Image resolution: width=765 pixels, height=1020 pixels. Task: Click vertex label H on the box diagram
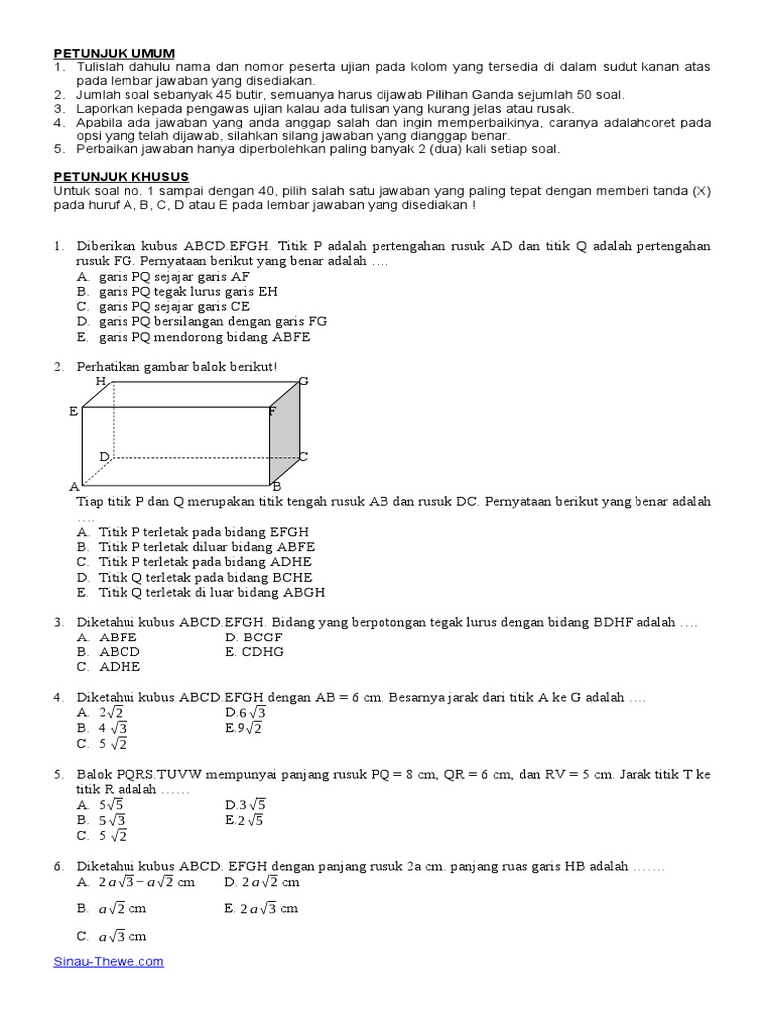coord(100,382)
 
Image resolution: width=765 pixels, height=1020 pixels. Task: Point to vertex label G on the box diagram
coord(304,382)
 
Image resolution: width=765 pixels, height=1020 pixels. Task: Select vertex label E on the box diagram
coord(73,411)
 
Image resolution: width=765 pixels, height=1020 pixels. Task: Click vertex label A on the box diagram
coord(73,486)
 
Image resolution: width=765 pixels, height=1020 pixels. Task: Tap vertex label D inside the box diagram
coord(103,456)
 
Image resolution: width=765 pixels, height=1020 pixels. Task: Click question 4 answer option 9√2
coord(244,728)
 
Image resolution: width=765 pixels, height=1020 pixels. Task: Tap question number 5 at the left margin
coord(59,774)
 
